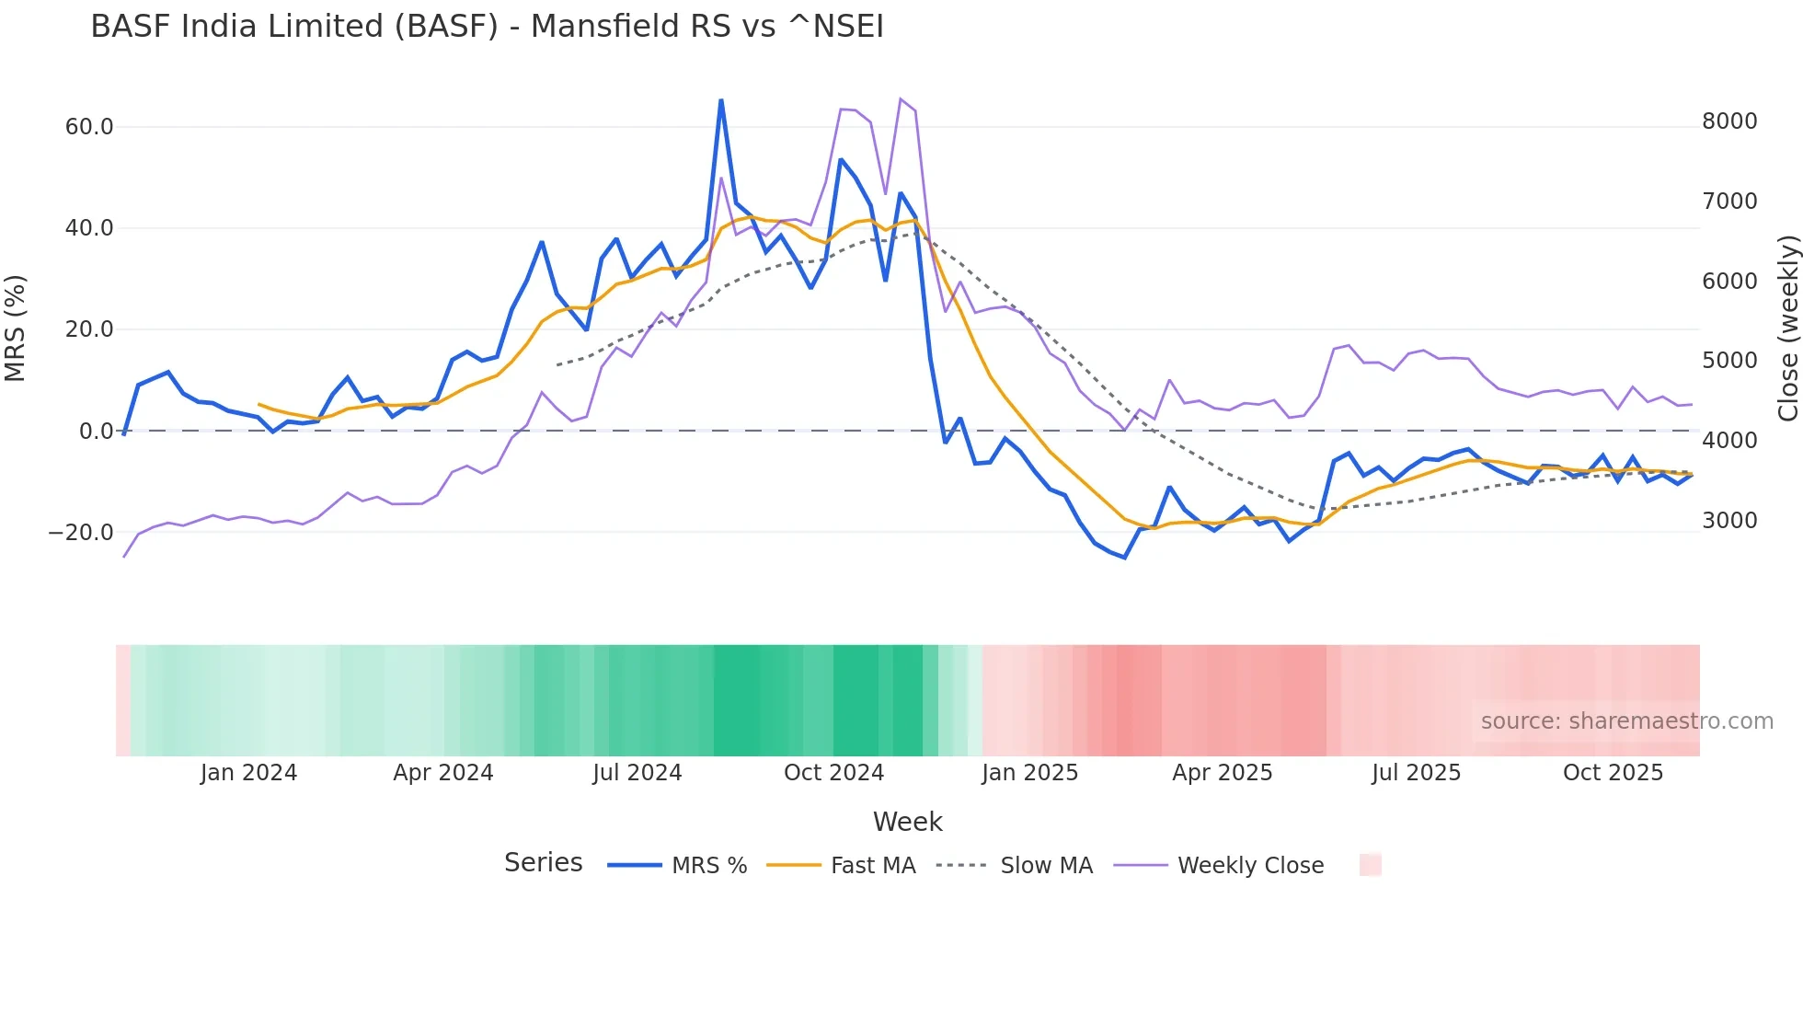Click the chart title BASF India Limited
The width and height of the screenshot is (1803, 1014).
[487, 27]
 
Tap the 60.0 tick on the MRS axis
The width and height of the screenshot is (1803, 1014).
[89, 127]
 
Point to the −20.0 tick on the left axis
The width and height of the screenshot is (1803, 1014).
[81, 533]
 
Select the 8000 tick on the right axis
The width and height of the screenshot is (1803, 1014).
[1729, 121]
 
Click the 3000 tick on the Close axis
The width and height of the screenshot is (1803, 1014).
[1729, 521]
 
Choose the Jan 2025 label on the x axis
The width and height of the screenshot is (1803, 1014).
[1029, 773]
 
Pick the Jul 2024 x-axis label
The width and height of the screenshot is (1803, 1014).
[637, 773]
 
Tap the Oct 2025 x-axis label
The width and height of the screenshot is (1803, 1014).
[1613, 773]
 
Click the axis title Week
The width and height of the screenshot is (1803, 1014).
[907, 822]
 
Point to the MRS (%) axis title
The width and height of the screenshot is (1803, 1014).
[16, 328]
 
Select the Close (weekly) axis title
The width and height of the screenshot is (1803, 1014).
[1787, 328]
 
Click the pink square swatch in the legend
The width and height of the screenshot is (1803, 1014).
[1370, 865]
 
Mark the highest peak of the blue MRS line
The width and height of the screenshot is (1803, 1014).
[721, 100]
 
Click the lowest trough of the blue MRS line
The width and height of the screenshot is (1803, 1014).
[1124, 558]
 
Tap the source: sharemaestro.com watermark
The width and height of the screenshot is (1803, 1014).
[1626, 721]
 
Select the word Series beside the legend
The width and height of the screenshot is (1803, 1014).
[543, 863]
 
